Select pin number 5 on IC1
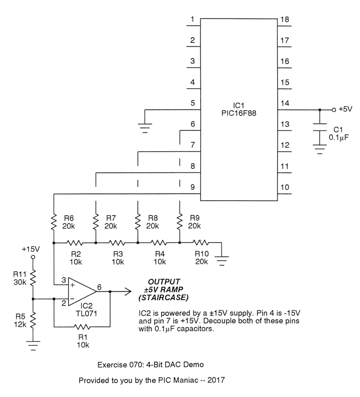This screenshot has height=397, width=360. [193, 104]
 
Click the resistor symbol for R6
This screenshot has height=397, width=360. [54, 221]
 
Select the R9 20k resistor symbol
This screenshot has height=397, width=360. [180, 221]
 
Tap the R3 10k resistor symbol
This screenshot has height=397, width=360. [117, 243]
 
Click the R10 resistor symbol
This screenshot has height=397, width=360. [201, 243]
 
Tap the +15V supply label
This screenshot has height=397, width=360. [31, 249]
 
